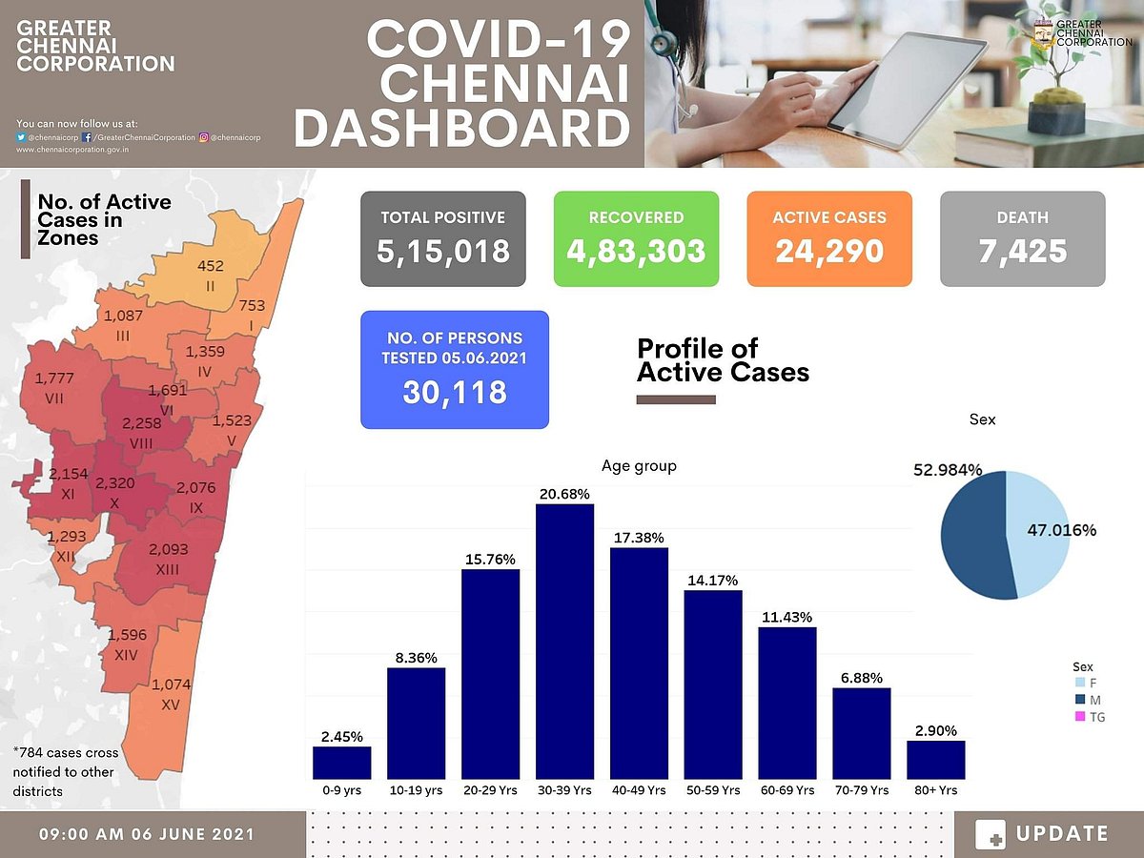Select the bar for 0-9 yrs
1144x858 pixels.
click(x=341, y=763)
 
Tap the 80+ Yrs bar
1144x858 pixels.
click(x=935, y=760)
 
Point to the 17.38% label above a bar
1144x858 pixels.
click(x=638, y=539)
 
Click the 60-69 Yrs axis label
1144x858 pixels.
click(x=786, y=790)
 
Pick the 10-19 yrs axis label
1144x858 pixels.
click(x=416, y=790)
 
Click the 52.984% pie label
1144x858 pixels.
click(x=948, y=470)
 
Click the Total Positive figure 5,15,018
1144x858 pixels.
click(x=443, y=252)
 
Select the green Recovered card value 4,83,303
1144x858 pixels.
click(x=636, y=252)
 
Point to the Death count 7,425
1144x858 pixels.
click(x=1022, y=252)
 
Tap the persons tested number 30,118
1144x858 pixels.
click(x=454, y=393)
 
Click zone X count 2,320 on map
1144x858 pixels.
click(x=114, y=483)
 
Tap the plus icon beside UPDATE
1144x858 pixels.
click(x=991, y=835)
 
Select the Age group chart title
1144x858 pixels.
click(x=639, y=466)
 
